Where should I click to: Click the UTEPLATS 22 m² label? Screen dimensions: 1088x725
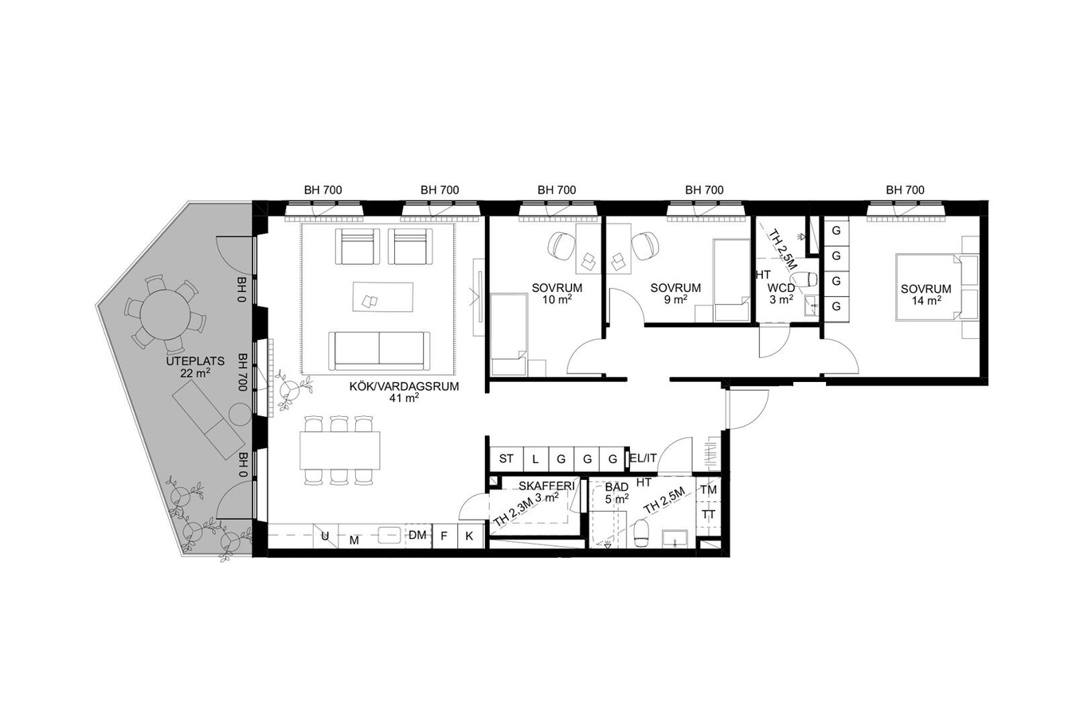coord(189,367)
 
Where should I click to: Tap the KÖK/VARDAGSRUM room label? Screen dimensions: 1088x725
coord(404,387)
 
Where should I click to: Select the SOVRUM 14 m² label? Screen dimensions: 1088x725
coord(926,294)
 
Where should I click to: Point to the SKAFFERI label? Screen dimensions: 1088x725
coord(546,486)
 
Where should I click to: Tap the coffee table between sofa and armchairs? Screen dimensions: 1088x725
coord(383,297)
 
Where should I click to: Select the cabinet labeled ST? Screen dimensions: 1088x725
coord(506,458)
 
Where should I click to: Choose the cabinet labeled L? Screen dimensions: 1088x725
coord(536,458)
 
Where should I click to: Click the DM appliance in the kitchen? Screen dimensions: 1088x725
coord(418,536)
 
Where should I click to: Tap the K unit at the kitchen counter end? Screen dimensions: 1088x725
coord(470,536)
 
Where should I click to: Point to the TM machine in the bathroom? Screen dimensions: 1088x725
coord(709,490)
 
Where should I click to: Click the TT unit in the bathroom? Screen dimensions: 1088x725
coord(709,514)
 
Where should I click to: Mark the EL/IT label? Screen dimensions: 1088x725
coord(643,458)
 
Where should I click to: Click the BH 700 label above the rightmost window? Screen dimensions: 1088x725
coord(905,189)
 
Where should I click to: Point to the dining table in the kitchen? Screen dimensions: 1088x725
coord(340,450)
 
